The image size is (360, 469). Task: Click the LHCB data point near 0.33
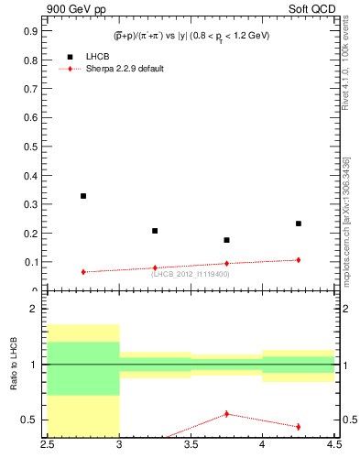83,196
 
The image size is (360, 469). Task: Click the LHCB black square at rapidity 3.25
155,231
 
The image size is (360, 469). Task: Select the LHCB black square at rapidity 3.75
226,240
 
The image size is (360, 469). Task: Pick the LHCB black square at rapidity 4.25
299,224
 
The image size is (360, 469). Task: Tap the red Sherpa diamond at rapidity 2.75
83,272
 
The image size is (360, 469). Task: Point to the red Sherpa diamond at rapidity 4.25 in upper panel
299,260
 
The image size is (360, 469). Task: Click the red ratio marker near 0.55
226,414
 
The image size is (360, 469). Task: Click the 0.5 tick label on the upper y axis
31,146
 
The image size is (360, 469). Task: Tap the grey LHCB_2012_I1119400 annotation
191,274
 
